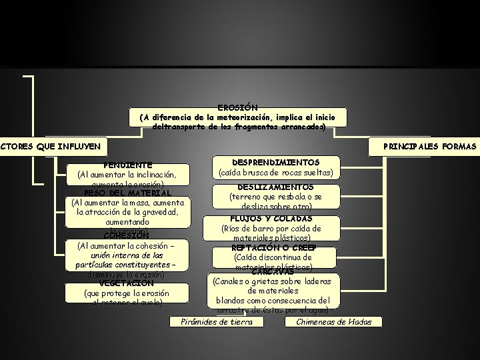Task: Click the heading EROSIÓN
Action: pyautogui.click(x=238, y=107)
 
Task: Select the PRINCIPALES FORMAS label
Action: pyautogui.click(x=429, y=146)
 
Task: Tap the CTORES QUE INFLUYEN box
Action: pyautogui.click(x=51, y=146)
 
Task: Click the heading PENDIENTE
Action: pyautogui.click(x=127, y=165)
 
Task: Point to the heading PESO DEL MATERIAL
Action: pyautogui.click(x=127, y=193)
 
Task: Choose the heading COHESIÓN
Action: pyautogui.click(x=127, y=235)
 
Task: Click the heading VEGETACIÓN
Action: pyautogui.click(x=127, y=283)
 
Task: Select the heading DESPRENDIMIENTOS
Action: pyautogui.click(x=275, y=162)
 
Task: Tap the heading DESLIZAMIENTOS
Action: pyautogui.click(x=275, y=187)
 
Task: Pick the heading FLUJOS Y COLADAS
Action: pyautogui.click(x=271, y=218)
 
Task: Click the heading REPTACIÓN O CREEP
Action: pyautogui.click(x=273, y=247)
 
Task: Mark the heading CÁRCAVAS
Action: pyautogui.click(x=273, y=271)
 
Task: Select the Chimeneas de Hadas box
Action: pyautogui.click(x=334, y=322)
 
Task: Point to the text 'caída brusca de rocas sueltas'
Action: pyautogui.click(x=275, y=173)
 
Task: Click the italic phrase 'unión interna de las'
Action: pyautogui.click(x=127, y=255)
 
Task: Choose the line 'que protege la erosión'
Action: pyautogui.click(x=127, y=293)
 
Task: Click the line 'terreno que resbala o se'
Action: pyautogui.click(x=275, y=197)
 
